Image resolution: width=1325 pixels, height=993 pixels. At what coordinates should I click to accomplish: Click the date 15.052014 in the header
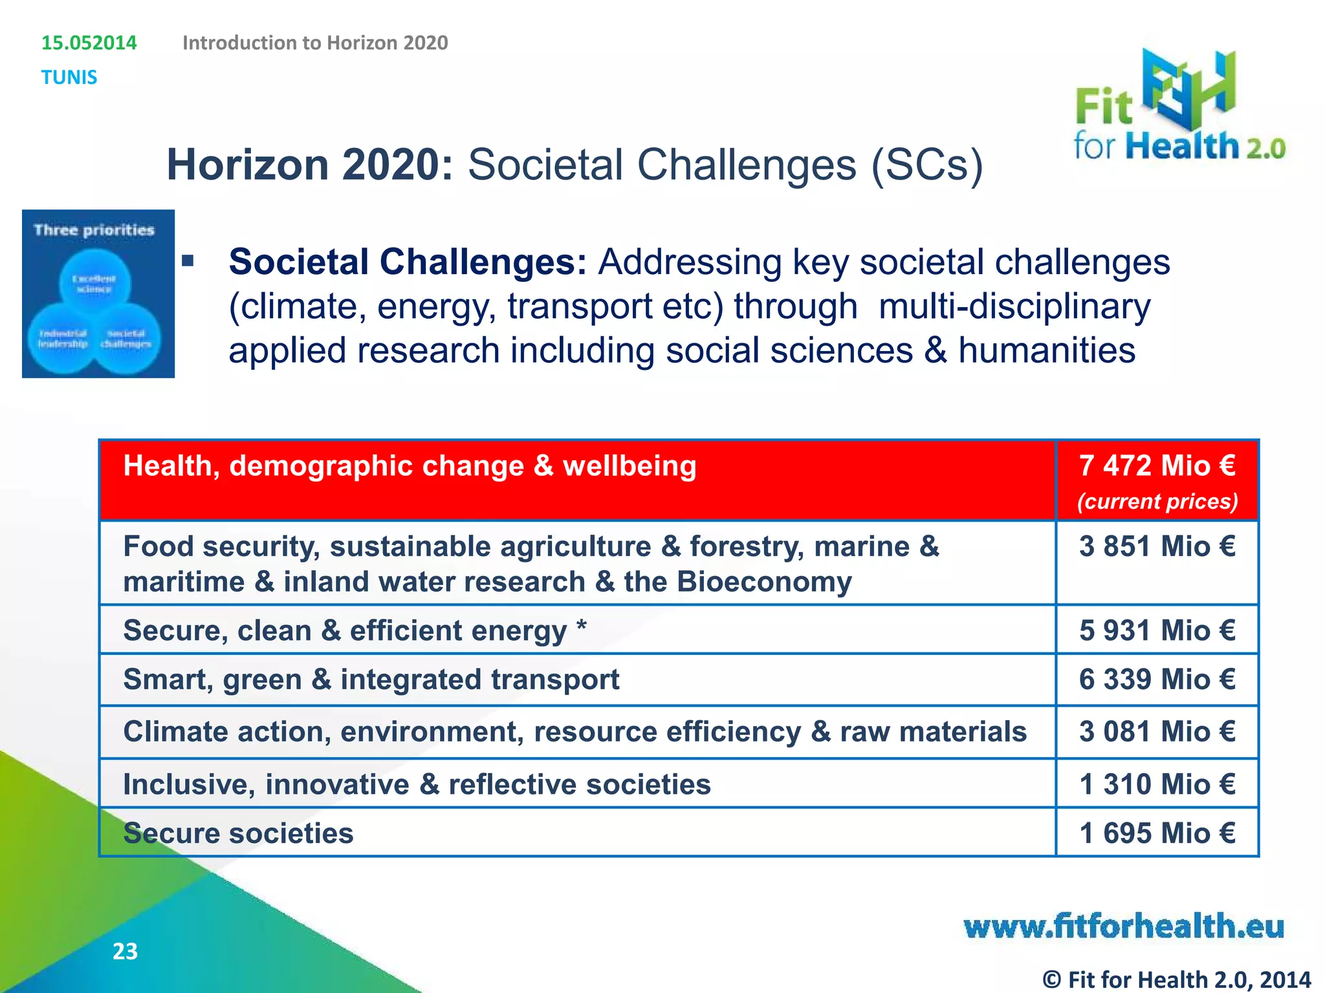(x=89, y=43)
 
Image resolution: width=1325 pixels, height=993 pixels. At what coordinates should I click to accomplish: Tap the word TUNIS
(x=69, y=78)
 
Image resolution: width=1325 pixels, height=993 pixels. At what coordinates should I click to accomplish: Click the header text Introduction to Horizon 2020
(x=315, y=43)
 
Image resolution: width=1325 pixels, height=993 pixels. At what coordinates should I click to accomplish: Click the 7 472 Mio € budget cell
(x=1157, y=466)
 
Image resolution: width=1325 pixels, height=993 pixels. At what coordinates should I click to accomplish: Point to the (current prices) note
(x=1157, y=502)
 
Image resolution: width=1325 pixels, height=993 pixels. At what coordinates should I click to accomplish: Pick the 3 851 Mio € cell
(x=1157, y=547)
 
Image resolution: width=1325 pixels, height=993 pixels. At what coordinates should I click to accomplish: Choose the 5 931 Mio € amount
(x=1157, y=630)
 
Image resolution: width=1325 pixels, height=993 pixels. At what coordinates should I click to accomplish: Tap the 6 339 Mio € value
(x=1157, y=679)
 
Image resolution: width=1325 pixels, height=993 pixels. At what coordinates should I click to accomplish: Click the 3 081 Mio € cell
(x=1157, y=732)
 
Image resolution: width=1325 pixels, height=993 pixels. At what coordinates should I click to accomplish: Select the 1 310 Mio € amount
(x=1157, y=784)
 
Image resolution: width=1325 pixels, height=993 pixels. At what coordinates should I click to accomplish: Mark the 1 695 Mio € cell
(x=1157, y=833)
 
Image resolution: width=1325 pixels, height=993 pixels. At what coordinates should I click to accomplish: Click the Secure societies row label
(x=238, y=833)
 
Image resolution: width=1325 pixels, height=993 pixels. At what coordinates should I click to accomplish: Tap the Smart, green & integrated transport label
(x=371, y=679)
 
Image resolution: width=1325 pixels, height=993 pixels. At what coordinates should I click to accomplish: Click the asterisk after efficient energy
(x=582, y=626)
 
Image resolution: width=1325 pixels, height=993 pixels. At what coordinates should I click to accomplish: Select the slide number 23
(x=125, y=952)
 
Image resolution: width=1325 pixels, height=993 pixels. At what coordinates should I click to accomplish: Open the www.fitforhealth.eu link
(x=1123, y=926)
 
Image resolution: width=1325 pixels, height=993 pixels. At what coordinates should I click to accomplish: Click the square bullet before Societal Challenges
(x=188, y=261)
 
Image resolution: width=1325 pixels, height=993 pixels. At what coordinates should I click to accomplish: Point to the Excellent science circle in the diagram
(x=94, y=283)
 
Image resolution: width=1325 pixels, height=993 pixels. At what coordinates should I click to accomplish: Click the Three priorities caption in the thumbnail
(x=94, y=230)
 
